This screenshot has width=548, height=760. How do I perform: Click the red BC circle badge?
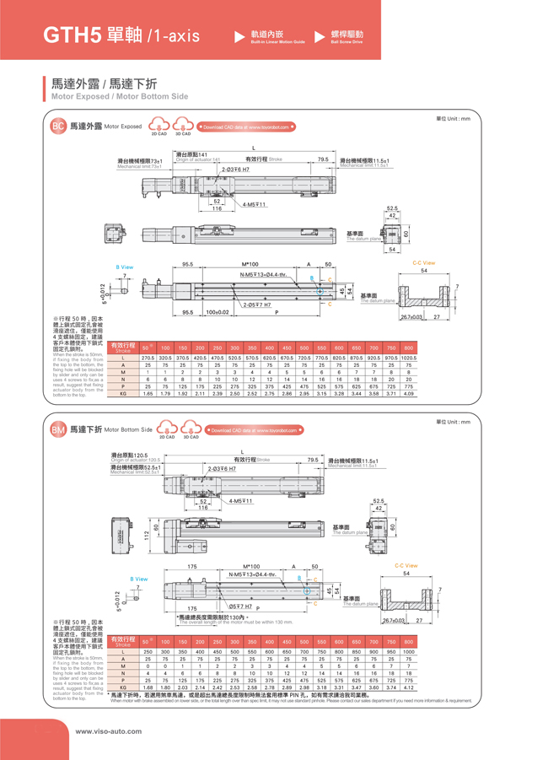pyautogui.click(x=58, y=127)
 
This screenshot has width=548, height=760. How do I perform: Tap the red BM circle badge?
pyautogui.click(x=58, y=429)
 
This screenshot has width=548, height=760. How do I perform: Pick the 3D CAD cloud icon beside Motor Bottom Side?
pyautogui.click(x=191, y=429)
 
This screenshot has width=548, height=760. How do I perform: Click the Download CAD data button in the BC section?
pyautogui.click(x=245, y=127)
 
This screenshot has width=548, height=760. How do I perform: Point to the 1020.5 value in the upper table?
pyautogui.click(x=408, y=358)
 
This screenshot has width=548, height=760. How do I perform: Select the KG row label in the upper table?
pyautogui.click(x=123, y=393)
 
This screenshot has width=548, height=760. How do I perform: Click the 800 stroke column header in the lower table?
pyautogui.click(x=408, y=642)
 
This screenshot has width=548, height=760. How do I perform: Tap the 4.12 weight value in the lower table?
pyautogui.click(x=408, y=687)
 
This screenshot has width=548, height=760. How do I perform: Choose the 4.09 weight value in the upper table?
pyautogui.click(x=408, y=393)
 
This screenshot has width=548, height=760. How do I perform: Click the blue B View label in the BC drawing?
pyautogui.click(x=124, y=267)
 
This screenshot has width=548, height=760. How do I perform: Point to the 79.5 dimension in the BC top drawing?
pyautogui.click(x=323, y=159)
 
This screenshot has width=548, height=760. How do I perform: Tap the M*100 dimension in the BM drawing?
pyautogui.click(x=250, y=566)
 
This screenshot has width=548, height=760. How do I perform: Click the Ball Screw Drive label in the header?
pyautogui.click(x=346, y=41)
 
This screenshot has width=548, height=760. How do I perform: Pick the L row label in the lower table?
pyautogui.click(x=123, y=652)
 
